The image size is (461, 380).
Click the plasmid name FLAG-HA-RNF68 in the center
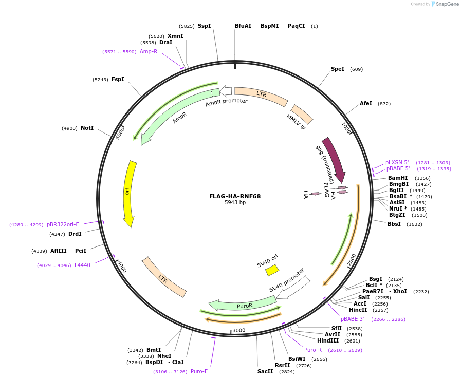coord(235,196)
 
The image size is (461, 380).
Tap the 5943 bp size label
coord(235,203)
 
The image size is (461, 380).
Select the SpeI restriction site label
coord(338,69)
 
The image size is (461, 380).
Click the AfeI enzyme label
coord(365,103)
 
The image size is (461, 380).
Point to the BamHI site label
coord(398,178)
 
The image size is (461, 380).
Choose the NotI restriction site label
coord(87,128)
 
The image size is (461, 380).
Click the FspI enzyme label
coord(118,79)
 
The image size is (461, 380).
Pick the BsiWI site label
coord(297,359)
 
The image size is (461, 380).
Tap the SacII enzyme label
coord(265,371)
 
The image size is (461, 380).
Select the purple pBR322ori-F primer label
coord(63,224)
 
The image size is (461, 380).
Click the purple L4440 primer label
coord(82,265)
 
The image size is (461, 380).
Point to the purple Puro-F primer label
coord(199,371)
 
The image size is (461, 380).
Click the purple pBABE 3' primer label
coord(352,319)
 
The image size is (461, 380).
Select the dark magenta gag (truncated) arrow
coord(335,159)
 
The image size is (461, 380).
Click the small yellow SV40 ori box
coord(272,270)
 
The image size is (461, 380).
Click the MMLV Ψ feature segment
coord(302,117)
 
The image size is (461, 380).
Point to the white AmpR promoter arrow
coord(226,92)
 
